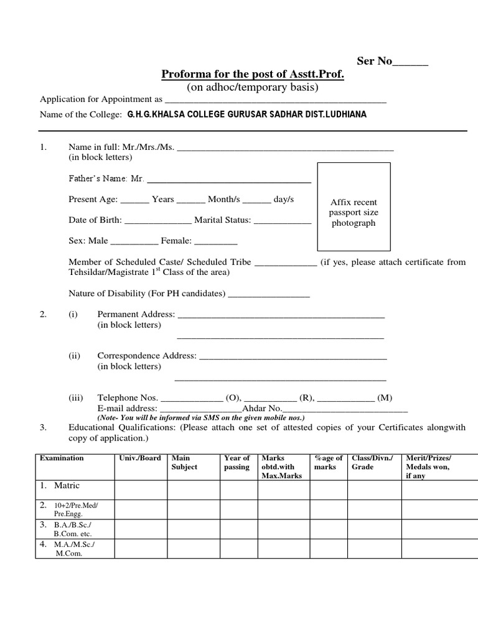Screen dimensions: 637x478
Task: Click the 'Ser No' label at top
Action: point(374,61)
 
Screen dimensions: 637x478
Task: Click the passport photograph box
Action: point(354,205)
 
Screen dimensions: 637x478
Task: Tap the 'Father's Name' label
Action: point(106,179)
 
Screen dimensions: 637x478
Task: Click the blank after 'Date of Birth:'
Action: point(159,220)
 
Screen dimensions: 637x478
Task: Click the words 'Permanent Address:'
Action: point(136,315)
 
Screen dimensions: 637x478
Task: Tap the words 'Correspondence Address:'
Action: point(147,356)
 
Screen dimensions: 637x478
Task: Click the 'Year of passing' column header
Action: point(237,462)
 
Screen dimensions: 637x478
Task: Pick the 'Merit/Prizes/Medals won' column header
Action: point(429,467)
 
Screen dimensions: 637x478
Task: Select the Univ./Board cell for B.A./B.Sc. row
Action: point(140,528)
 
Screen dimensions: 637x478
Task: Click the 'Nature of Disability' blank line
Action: point(269,294)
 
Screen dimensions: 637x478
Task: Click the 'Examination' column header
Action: point(62,458)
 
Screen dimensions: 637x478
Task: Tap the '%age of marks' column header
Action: point(329,462)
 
